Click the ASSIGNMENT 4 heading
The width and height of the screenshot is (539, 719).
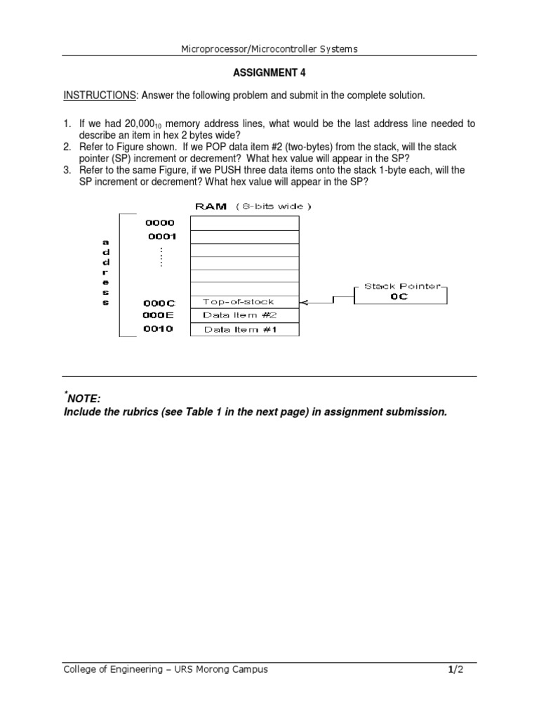[269, 72]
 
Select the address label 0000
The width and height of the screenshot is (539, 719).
[160, 223]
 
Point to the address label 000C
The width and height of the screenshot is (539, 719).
[159, 303]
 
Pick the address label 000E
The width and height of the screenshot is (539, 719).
[159, 316]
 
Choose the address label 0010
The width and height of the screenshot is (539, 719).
[159, 329]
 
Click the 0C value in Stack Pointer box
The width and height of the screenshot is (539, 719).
[399, 297]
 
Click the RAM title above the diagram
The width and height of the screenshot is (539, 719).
[211, 206]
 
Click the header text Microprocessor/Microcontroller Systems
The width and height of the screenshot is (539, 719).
[269, 48]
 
